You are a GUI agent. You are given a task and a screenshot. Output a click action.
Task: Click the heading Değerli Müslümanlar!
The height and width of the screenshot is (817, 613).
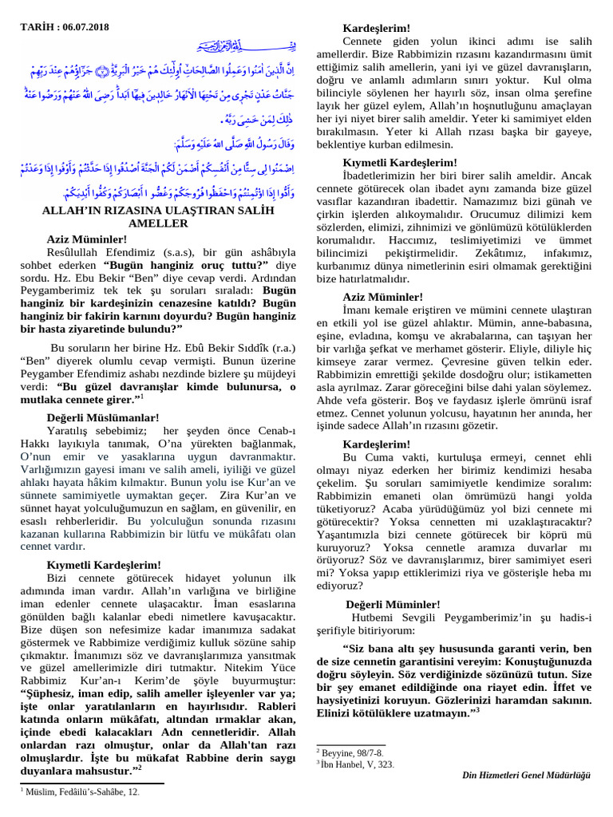click(103, 417)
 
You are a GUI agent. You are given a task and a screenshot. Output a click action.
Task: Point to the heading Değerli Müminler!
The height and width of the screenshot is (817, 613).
click(393, 604)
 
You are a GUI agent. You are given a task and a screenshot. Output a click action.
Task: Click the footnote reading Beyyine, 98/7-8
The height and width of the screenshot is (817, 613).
click(352, 752)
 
